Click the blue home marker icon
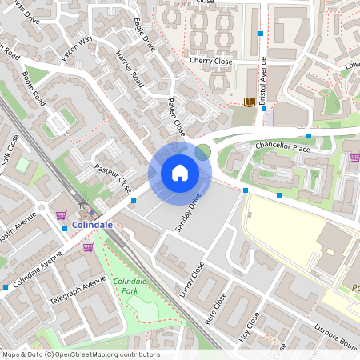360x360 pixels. tap(180, 172)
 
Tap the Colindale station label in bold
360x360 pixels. tap(91, 226)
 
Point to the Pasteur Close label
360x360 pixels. tap(113, 179)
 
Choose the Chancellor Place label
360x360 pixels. tap(282, 148)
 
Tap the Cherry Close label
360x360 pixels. tap(210, 60)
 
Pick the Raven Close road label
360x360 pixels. tap(176, 117)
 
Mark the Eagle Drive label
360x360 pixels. tap(145, 35)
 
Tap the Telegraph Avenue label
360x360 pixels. tap(78, 294)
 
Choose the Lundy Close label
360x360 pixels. tap(192, 279)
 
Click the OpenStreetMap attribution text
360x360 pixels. tap(80, 354)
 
